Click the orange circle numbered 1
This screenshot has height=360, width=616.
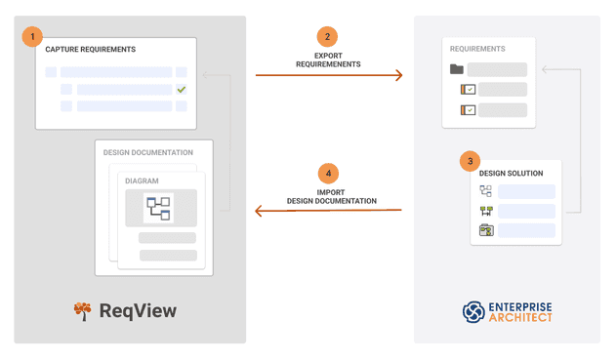32,37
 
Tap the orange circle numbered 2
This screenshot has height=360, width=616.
328,37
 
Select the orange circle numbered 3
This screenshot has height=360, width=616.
471,161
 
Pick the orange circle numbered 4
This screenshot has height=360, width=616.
328,174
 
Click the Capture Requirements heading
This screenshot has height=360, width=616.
90,50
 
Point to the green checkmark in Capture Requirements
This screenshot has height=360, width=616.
181,90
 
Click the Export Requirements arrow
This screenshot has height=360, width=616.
329,75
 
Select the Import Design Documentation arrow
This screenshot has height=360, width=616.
329,211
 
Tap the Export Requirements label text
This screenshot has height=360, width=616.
328,60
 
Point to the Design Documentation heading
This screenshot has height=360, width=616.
148,153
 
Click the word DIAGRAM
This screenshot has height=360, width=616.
142,180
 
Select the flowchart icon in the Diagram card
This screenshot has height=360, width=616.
158,208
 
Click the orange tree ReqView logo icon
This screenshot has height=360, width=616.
82,311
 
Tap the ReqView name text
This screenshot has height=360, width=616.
138,311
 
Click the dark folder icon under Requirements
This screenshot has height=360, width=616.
457,70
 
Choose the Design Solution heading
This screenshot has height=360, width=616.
512,175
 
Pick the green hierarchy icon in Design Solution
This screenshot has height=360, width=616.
485,211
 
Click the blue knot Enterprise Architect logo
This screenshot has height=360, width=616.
473,312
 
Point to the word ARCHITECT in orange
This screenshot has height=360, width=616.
520,318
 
